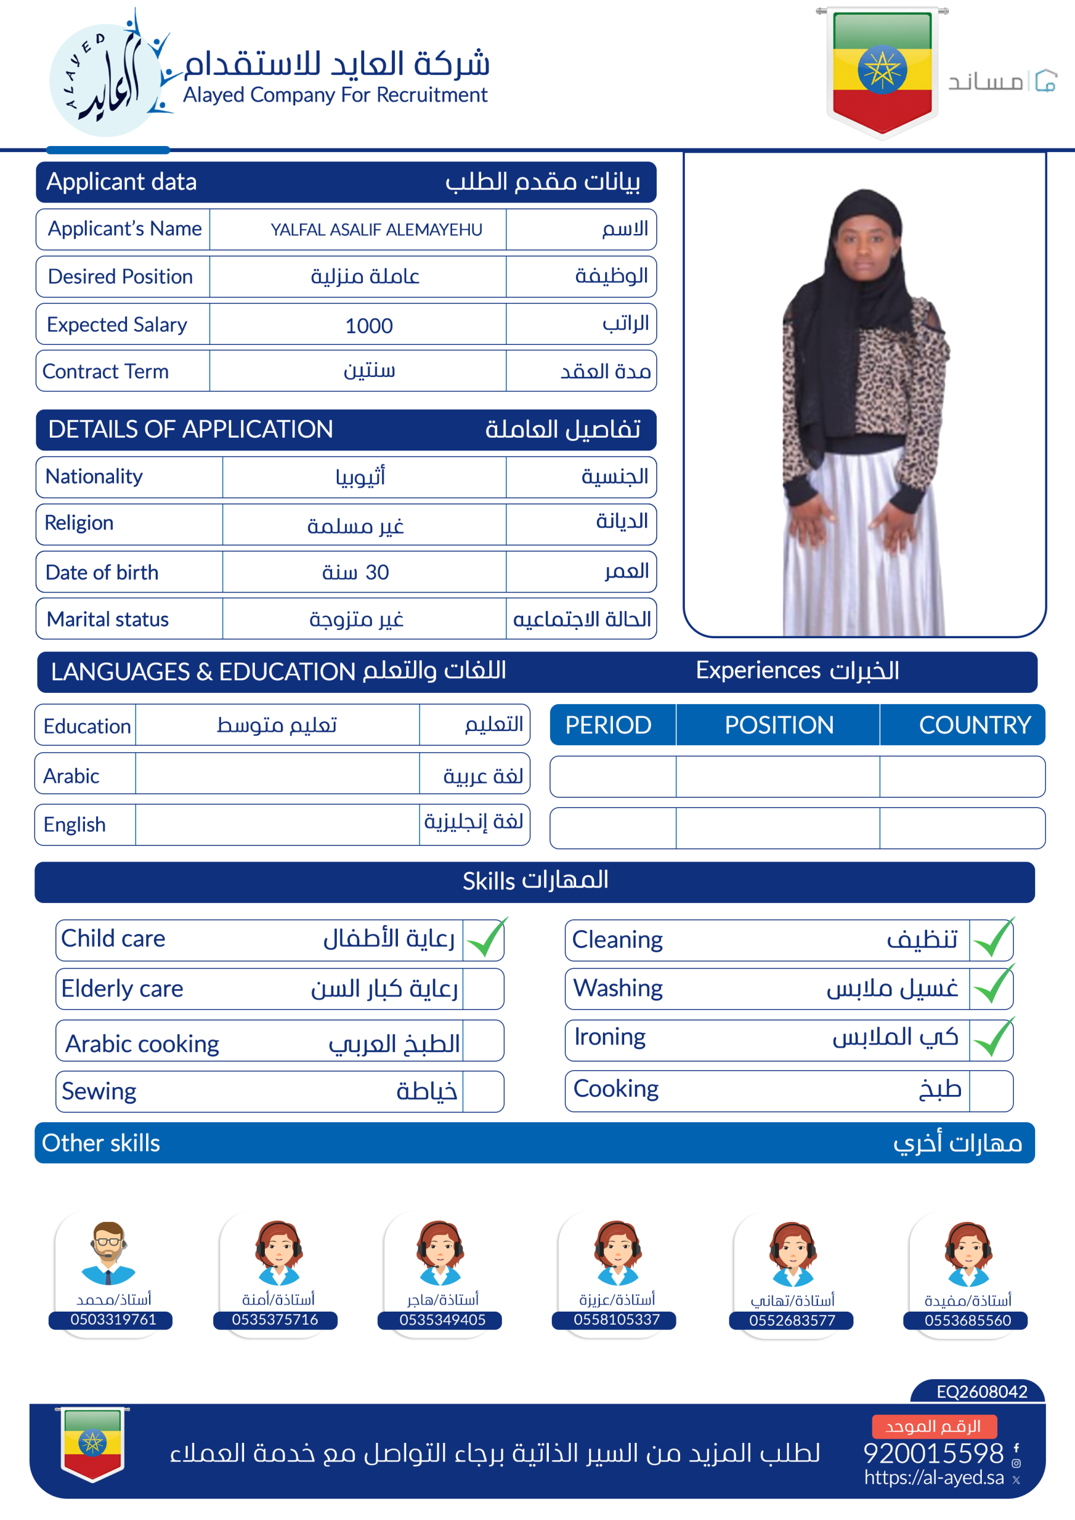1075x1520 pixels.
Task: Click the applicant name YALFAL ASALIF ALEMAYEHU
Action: click(x=376, y=230)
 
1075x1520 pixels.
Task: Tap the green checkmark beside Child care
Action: click(x=485, y=939)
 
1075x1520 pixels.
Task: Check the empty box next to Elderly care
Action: click(x=483, y=989)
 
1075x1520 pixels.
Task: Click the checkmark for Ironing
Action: click(x=993, y=1038)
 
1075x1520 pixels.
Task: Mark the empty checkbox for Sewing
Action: click(x=483, y=1092)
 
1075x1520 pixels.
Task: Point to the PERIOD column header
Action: click(x=608, y=725)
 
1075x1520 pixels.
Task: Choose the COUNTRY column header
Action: click(x=974, y=725)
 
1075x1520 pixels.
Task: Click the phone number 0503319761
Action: click(x=113, y=1319)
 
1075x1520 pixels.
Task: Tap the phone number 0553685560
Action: click(x=967, y=1320)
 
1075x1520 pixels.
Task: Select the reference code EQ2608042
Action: click(x=982, y=1392)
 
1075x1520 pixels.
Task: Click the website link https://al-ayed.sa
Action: click(x=934, y=1477)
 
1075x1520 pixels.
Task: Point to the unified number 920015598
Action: click(x=933, y=1453)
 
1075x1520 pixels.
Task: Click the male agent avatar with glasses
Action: click(x=109, y=1253)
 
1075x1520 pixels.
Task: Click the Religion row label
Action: click(x=79, y=523)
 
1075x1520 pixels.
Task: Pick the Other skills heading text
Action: click(x=102, y=1144)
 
